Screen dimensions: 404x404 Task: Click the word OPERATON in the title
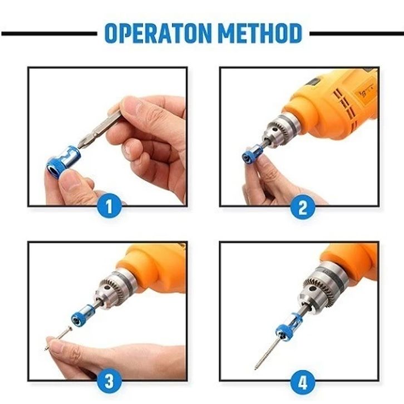(x=158, y=33)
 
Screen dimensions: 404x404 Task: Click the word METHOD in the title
(x=261, y=33)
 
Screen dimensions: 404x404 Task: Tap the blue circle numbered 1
(x=109, y=206)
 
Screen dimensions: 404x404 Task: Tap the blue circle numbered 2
(x=303, y=206)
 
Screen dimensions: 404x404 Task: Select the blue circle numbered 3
(x=109, y=381)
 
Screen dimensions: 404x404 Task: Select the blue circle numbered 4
(x=303, y=381)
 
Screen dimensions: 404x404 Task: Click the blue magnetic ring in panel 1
(x=63, y=161)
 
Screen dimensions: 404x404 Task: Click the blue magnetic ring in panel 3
(x=83, y=315)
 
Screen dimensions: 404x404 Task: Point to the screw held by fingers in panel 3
(x=58, y=337)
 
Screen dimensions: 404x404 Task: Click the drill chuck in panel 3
(x=115, y=289)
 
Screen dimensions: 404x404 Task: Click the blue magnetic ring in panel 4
(x=287, y=327)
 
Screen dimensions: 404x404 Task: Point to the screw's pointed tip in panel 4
(x=255, y=369)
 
